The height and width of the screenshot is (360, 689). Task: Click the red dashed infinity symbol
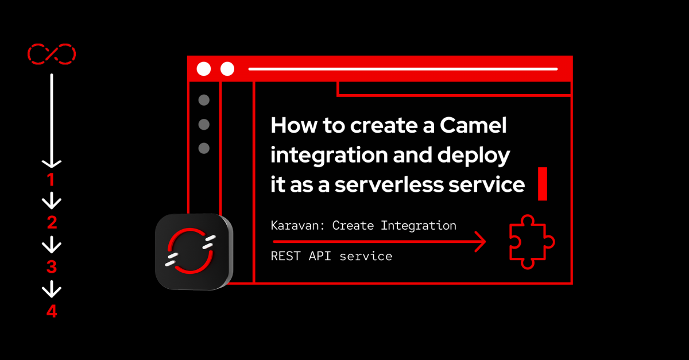(52, 54)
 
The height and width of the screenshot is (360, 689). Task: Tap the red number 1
(51, 180)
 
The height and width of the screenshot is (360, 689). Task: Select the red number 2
(52, 222)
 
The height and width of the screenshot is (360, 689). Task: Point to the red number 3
(52, 267)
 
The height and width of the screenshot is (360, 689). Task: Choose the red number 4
(52, 311)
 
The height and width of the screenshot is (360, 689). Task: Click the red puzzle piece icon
(532, 242)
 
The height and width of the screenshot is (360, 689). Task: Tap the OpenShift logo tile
(194, 251)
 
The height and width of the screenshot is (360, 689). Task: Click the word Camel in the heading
(473, 126)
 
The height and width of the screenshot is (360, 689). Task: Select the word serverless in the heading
(389, 185)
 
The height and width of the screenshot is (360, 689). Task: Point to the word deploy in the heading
(474, 156)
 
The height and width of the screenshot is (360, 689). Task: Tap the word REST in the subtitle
(285, 256)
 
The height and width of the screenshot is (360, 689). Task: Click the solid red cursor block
(543, 184)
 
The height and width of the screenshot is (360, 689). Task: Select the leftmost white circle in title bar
(204, 69)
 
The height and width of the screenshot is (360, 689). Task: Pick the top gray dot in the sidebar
(204, 100)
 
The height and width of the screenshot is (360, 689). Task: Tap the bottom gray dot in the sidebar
(204, 148)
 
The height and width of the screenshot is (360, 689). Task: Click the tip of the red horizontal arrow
(486, 242)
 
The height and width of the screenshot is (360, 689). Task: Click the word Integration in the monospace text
(419, 226)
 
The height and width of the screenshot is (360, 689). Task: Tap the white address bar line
(403, 69)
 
